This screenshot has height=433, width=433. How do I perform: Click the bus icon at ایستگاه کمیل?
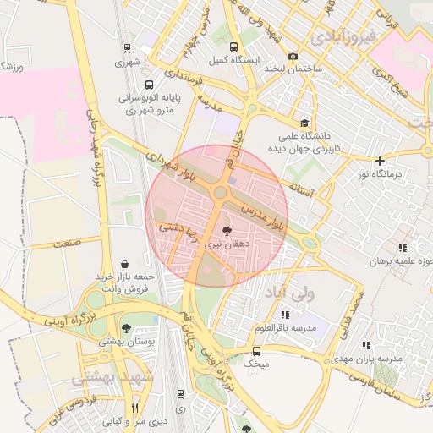click(x=233, y=47)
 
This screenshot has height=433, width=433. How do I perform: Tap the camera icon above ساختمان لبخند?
click(x=293, y=56)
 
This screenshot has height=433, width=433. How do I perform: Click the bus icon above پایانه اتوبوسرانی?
click(x=149, y=85)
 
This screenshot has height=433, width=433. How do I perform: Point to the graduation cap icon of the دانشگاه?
click(x=304, y=123)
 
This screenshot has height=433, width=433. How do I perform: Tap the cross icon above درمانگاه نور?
click(x=380, y=161)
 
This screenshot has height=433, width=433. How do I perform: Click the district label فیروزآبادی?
click(x=337, y=37)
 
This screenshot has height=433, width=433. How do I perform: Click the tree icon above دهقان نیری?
click(x=226, y=230)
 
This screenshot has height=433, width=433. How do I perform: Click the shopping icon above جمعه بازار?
click(x=126, y=264)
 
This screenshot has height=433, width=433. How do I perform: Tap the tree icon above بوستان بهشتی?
click(x=126, y=328)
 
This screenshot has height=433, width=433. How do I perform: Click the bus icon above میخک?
click(x=256, y=350)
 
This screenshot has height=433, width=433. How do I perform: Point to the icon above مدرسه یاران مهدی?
click(x=366, y=345)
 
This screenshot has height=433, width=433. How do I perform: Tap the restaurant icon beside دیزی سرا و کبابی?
click(x=134, y=408)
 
